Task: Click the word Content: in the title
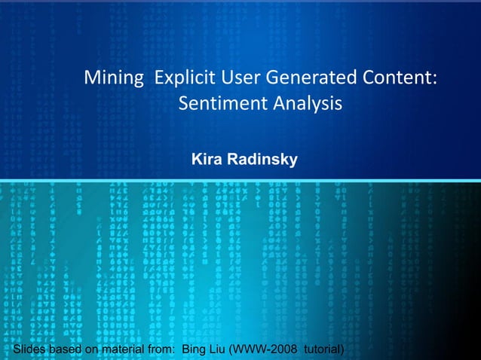398,78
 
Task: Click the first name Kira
207,160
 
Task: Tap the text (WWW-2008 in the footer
260,349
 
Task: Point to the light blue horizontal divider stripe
240,179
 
